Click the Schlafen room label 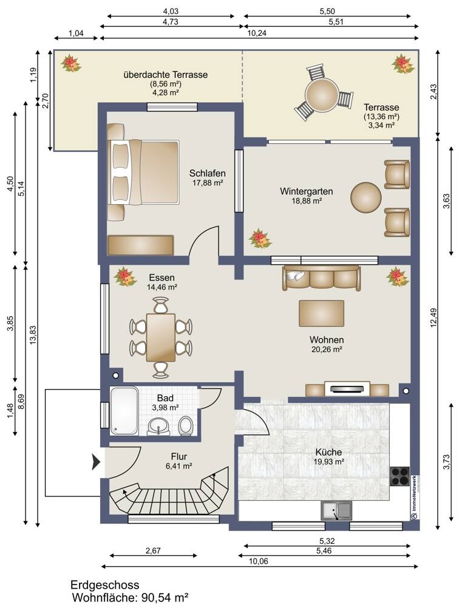click(x=208, y=173)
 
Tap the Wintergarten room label click(x=307, y=191)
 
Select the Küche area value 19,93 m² click(x=328, y=461)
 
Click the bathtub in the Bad click(x=124, y=411)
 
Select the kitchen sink click(x=336, y=510)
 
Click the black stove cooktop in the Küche click(x=400, y=476)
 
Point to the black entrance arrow click(x=96, y=462)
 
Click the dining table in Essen click(x=160, y=337)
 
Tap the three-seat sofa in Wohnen click(x=322, y=278)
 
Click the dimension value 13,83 click(x=33, y=335)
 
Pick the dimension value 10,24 click(x=257, y=33)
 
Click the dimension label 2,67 click(x=153, y=550)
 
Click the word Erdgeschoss click(x=104, y=585)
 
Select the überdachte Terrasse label click(x=166, y=74)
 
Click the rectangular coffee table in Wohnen click(x=322, y=313)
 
